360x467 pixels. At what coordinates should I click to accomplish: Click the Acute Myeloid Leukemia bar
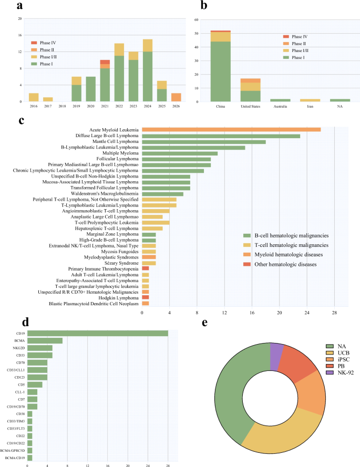pos(231,130)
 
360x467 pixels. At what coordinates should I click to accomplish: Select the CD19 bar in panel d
pos(98,333)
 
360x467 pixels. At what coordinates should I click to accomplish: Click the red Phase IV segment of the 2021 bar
pos(105,62)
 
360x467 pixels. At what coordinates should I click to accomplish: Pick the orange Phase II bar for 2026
pos(176,97)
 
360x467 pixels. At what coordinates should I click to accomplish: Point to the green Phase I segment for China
pos(221,71)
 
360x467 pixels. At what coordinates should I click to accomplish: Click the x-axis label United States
pos(250,106)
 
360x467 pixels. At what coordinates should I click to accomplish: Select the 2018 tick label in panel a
pos(62,106)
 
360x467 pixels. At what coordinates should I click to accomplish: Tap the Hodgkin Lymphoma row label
pos(119,298)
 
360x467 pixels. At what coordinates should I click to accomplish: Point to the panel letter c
pos(21,121)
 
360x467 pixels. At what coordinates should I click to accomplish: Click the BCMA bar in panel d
pos(45,340)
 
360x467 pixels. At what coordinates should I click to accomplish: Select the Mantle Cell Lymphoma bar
pos(204,142)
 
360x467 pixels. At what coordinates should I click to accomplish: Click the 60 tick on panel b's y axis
pos(197,20)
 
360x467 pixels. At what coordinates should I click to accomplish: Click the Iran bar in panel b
pos(310,100)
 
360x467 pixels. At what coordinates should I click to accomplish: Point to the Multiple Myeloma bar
pos(180,153)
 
